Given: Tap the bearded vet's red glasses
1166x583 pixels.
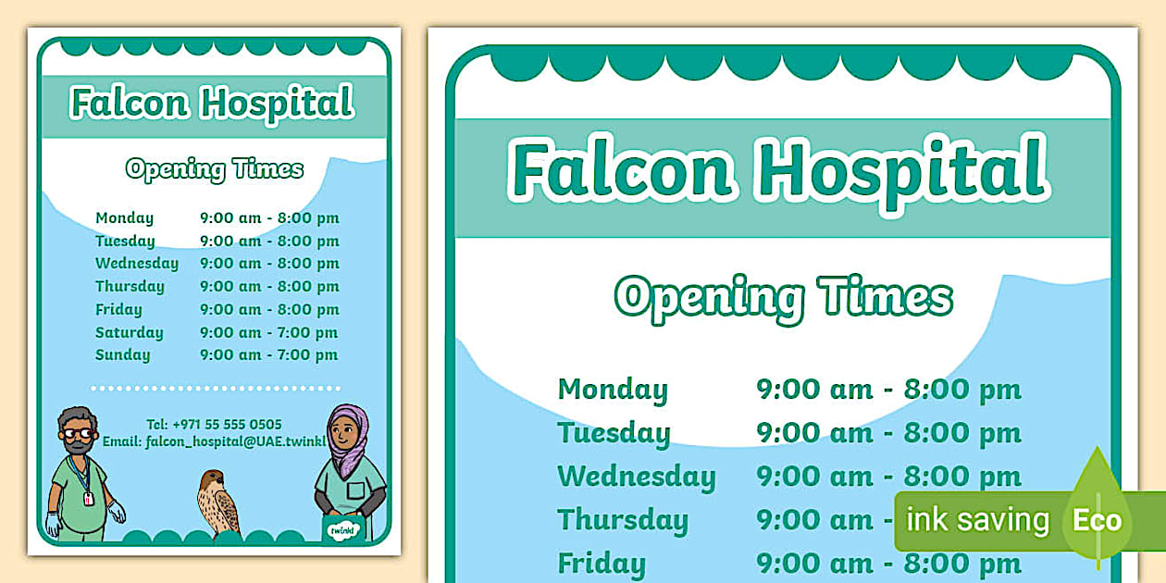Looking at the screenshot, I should click(x=79, y=433).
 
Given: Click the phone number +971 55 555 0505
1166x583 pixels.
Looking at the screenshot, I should click(x=227, y=424).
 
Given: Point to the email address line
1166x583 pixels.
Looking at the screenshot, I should click(x=215, y=441).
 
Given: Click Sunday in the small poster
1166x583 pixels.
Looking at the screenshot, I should click(x=122, y=354).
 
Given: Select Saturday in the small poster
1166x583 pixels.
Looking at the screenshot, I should click(x=129, y=332).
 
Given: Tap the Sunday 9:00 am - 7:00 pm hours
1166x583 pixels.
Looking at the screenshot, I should click(x=269, y=354).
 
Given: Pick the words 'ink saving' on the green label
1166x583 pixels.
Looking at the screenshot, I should click(x=977, y=520).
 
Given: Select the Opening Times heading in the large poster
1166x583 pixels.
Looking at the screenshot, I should click(x=783, y=297).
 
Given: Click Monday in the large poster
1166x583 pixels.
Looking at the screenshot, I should click(x=612, y=390).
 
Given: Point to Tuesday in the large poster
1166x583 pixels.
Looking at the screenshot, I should click(x=614, y=433).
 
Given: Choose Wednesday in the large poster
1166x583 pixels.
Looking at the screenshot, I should click(x=636, y=477).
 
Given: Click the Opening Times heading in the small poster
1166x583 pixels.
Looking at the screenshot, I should click(x=215, y=169).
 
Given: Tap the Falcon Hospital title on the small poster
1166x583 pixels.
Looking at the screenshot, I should click(x=213, y=103).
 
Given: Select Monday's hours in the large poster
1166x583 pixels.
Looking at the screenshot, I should click(x=888, y=390).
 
